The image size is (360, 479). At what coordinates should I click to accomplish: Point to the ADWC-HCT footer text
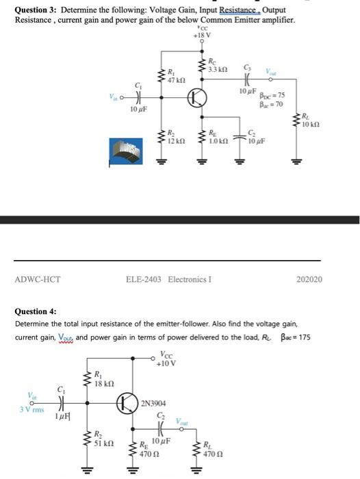(x=38, y=279)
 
